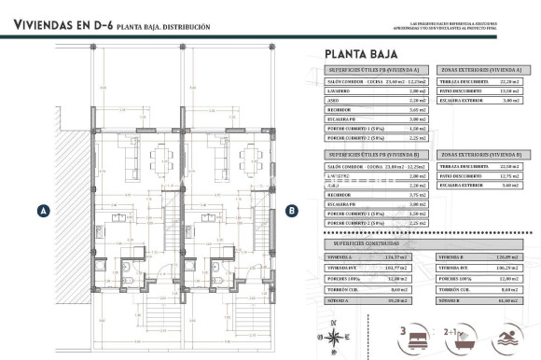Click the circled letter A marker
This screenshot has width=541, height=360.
(x=43, y=211)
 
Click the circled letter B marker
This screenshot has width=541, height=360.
(x=292, y=211)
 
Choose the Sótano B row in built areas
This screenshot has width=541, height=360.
(x=478, y=300)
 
